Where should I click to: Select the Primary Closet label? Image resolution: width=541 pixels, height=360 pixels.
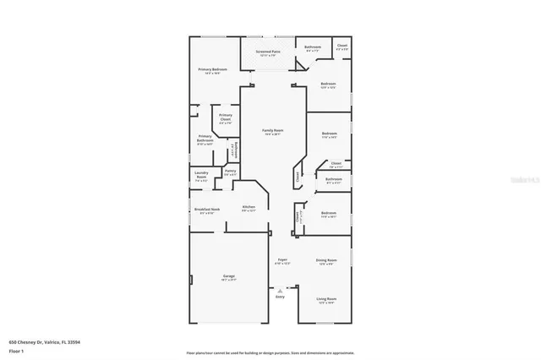226,116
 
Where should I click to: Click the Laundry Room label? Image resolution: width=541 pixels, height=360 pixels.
201,176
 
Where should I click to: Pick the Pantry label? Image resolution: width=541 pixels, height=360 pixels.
230,172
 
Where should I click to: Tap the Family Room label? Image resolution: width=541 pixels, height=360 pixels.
272,131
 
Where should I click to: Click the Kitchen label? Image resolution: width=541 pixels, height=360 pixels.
249,207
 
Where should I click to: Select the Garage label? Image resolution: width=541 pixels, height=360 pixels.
229,276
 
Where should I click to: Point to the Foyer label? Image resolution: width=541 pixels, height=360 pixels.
281,261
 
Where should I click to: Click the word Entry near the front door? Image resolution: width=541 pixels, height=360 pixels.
280,297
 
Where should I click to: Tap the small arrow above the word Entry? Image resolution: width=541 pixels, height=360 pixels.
280,289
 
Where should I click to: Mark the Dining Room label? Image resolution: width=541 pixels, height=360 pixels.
326,260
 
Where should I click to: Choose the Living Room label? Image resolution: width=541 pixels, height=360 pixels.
326,298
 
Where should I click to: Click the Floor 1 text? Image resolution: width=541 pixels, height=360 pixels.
16,349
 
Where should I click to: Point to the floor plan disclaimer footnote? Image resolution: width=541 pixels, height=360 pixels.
270,352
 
